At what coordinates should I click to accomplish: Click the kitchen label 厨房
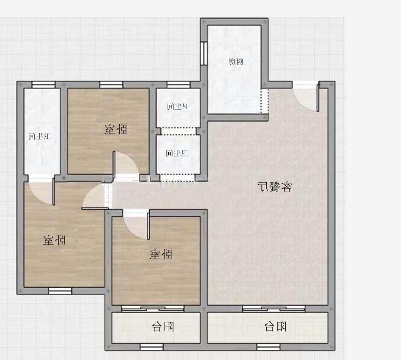236,62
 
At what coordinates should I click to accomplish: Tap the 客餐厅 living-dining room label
275,187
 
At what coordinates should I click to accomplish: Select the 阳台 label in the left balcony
163,327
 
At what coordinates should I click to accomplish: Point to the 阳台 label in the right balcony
275,326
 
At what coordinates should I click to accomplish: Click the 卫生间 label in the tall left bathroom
40,136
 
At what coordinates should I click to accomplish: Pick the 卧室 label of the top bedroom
116,129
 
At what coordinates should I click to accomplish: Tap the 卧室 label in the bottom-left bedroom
54,240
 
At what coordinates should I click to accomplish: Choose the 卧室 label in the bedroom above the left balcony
161,254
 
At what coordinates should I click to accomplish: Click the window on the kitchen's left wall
204,53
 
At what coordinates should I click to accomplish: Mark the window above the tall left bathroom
43,85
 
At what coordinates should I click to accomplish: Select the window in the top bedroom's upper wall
111,85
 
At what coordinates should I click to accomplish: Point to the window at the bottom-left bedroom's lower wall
60,291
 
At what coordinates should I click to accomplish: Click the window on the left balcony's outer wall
152,347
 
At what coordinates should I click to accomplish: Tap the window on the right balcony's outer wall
268,347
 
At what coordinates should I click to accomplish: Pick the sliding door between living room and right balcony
274,309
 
